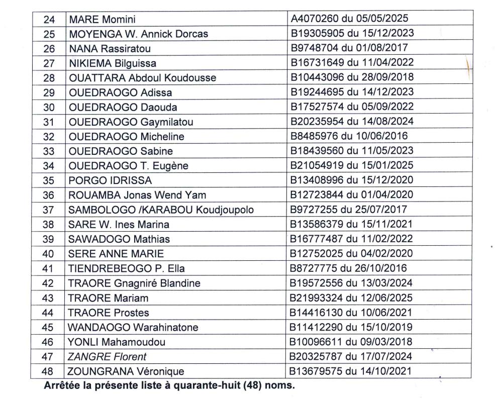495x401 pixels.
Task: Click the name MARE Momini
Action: (x=103, y=20)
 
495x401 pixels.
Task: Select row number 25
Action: (x=49, y=34)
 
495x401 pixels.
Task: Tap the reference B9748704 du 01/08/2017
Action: (x=347, y=49)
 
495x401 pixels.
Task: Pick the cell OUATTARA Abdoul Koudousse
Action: (x=142, y=78)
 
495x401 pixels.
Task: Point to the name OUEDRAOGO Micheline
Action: (x=126, y=137)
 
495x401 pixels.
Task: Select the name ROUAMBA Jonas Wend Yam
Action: (x=137, y=195)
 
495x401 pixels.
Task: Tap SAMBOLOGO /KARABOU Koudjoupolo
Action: (x=161, y=210)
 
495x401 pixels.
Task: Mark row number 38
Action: (x=49, y=225)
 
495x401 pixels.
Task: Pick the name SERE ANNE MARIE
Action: (x=116, y=254)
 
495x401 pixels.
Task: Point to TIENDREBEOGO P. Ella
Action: (x=126, y=268)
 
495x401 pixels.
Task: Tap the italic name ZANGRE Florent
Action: (x=108, y=357)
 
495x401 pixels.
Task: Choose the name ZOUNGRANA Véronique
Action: (x=126, y=372)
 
